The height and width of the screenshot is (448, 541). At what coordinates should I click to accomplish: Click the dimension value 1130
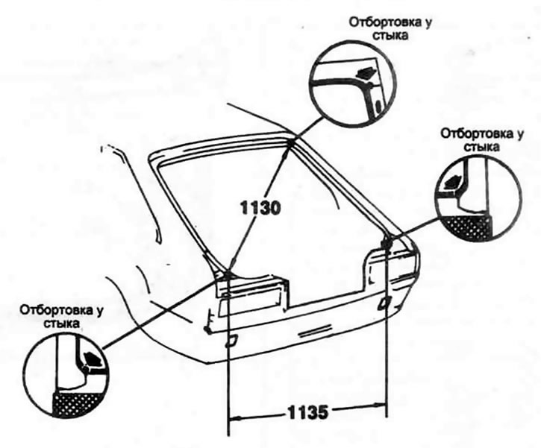click(260, 209)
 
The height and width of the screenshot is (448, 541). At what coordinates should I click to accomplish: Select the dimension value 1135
click(307, 411)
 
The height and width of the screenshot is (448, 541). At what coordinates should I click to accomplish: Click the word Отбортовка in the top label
click(375, 22)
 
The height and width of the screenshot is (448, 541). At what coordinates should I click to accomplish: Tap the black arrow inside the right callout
click(452, 179)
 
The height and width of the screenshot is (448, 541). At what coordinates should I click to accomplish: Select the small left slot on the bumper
click(231, 340)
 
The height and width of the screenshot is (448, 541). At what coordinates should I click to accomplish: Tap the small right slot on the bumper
click(384, 301)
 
